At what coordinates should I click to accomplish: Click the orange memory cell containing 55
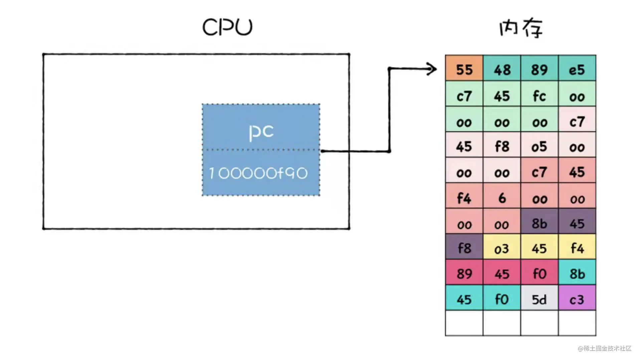(x=464, y=69)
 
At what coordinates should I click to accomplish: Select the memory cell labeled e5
(x=577, y=69)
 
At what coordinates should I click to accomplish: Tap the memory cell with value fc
(x=539, y=96)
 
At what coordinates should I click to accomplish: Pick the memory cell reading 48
(x=502, y=69)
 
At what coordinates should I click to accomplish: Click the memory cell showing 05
(x=539, y=146)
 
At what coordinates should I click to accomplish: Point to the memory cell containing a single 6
(x=502, y=198)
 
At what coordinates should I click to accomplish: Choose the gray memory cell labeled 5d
(x=539, y=299)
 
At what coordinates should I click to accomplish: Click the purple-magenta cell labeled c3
(x=577, y=299)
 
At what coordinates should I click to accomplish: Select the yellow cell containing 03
(x=502, y=248)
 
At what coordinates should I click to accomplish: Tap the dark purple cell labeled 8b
(x=539, y=223)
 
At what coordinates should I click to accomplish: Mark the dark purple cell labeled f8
(x=464, y=248)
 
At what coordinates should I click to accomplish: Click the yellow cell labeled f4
(x=577, y=248)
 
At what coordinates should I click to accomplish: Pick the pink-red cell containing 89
(x=464, y=273)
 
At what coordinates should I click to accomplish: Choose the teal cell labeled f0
(x=502, y=299)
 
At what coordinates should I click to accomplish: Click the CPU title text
(x=227, y=27)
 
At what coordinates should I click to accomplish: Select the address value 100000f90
(x=258, y=173)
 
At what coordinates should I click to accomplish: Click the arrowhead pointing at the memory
(x=433, y=69)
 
